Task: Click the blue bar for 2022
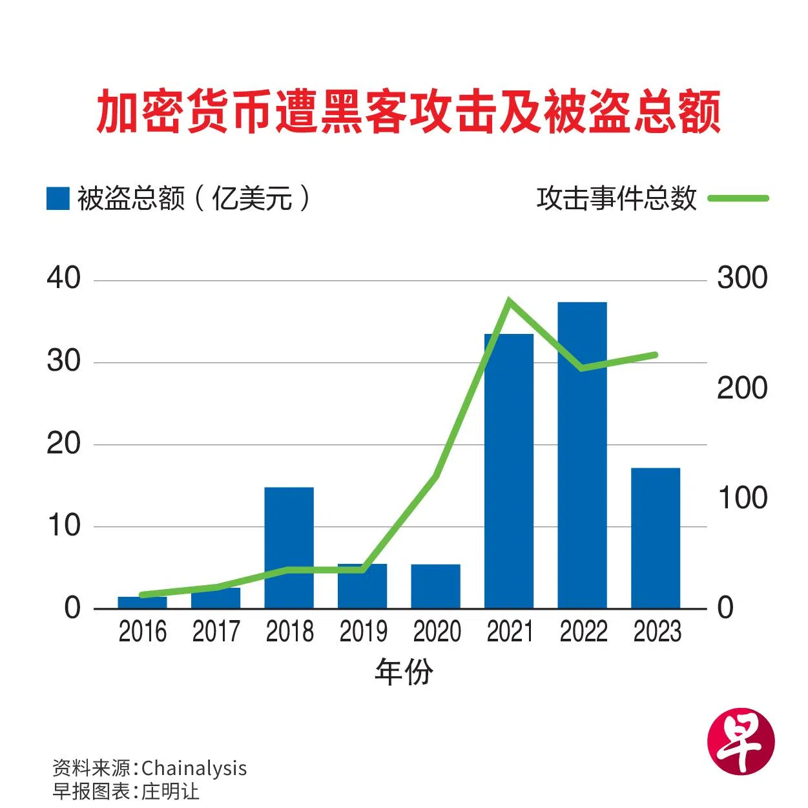pyautogui.click(x=582, y=455)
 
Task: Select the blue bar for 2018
pyautogui.click(x=289, y=548)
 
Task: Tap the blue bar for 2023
pyautogui.click(x=656, y=537)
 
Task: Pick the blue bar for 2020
pyautogui.click(x=435, y=586)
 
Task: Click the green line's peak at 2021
pyautogui.click(x=510, y=300)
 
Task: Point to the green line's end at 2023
pyautogui.click(x=655, y=355)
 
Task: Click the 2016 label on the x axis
pyautogui.click(x=142, y=631)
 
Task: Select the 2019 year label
pyautogui.click(x=363, y=631)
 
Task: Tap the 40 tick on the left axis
pyautogui.click(x=63, y=278)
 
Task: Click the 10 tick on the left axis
pyautogui.click(x=63, y=526)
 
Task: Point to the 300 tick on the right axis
pyautogui.click(x=742, y=278)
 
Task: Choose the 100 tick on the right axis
pyautogui.click(x=742, y=498)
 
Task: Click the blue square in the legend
pyautogui.click(x=57, y=198)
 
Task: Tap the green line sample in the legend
pyautogui.click(x=738, y=198)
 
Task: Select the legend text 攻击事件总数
pyautogui.click(x=617, y=198)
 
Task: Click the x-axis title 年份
pyautogui.click(x=404, y=672)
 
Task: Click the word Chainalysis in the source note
pyautogui.click(x=194, y=768)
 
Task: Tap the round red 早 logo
pyautogui.click(x=741, y=740)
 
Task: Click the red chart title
pyautogui.click(x=408, y=112)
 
